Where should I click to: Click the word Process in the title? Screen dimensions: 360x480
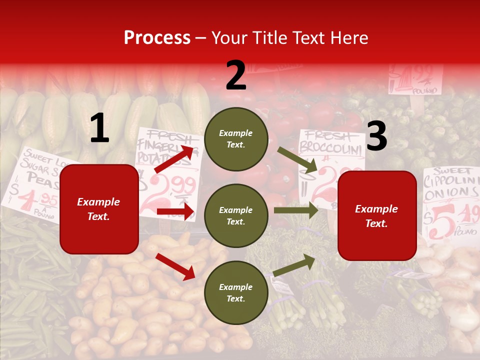pos(157,38)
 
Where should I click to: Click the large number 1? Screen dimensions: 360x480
pos(99,128)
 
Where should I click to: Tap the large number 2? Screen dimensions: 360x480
pos(235,75)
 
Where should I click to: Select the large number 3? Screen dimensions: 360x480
pos(376,136)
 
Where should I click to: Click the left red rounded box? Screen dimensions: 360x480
pos(99,209)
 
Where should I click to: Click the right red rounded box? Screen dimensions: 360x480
pos(376,215)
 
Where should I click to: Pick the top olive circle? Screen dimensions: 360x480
pos(236,139)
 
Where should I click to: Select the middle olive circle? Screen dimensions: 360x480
pos(236,215)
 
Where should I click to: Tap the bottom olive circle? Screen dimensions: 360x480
pos(236,293)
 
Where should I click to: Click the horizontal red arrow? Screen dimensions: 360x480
pos(175,211)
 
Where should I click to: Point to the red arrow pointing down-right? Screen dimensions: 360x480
pos(175,266)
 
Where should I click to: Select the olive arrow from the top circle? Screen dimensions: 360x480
pos(297,160)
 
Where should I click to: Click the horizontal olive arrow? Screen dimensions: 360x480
pos(296,210)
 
